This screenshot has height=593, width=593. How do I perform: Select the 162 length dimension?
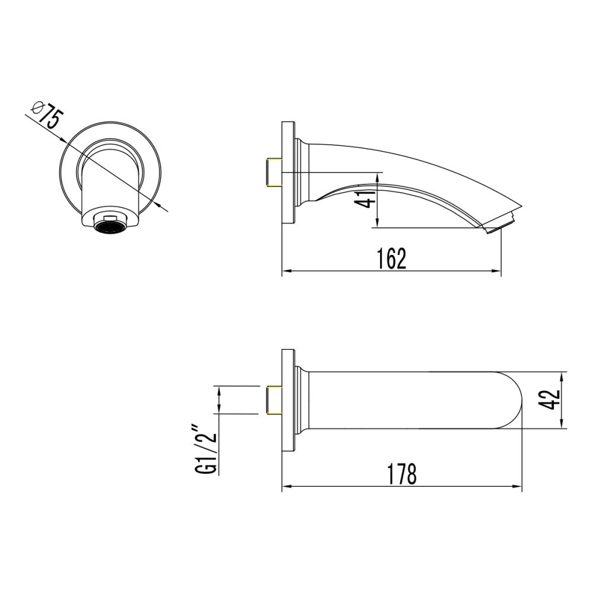(391, 259)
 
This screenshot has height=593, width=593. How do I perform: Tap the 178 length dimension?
(401, 474)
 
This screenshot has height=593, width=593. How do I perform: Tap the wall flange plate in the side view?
(288, 173)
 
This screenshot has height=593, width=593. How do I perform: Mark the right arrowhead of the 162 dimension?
(498, 272)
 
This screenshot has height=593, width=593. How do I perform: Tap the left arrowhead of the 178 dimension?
(285, 487)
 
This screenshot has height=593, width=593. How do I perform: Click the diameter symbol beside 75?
(36, 107)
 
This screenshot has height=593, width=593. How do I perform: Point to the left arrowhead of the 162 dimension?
(285, 272)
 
